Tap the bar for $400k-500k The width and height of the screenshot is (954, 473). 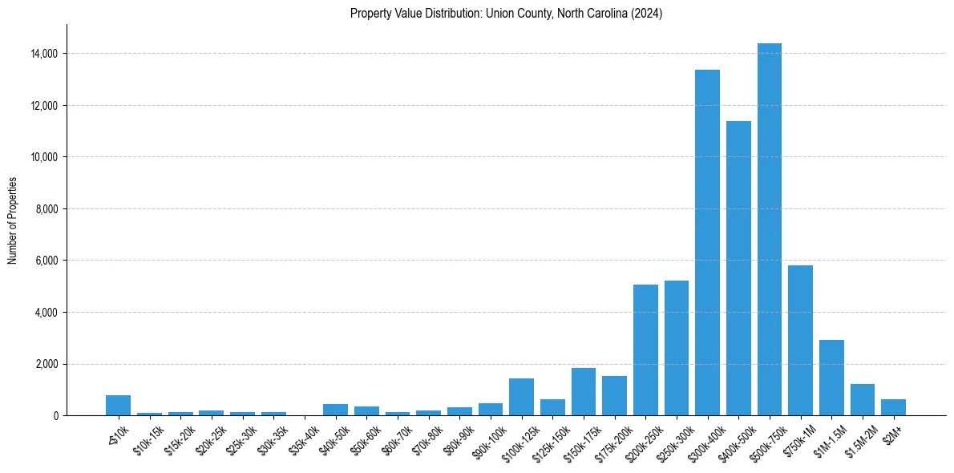coord(738,268)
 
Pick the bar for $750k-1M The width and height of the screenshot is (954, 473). coord(800,340)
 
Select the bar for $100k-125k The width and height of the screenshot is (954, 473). coord(521,397)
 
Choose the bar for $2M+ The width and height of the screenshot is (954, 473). coord(893,407)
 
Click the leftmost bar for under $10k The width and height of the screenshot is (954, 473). coord(118,406)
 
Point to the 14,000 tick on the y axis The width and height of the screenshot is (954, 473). coord(43,54)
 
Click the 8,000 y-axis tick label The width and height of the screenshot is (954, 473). coord(46,209)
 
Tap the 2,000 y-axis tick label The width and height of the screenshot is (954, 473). coord(46,364)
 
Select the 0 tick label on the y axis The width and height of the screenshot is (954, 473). coord(56,416)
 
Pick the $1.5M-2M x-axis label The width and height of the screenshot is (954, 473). coord(858,440)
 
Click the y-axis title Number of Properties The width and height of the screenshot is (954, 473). coord(13,220)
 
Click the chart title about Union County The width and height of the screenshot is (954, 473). coord(506,14)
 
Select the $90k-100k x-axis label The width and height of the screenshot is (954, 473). coord(489,440)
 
